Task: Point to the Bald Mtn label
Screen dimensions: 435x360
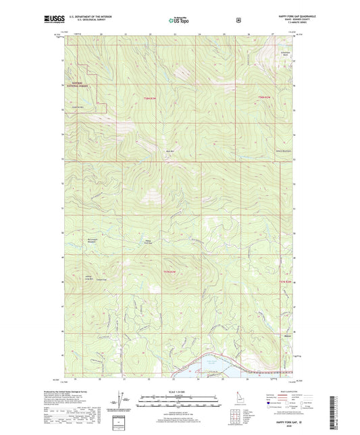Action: [x=170, y=151]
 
